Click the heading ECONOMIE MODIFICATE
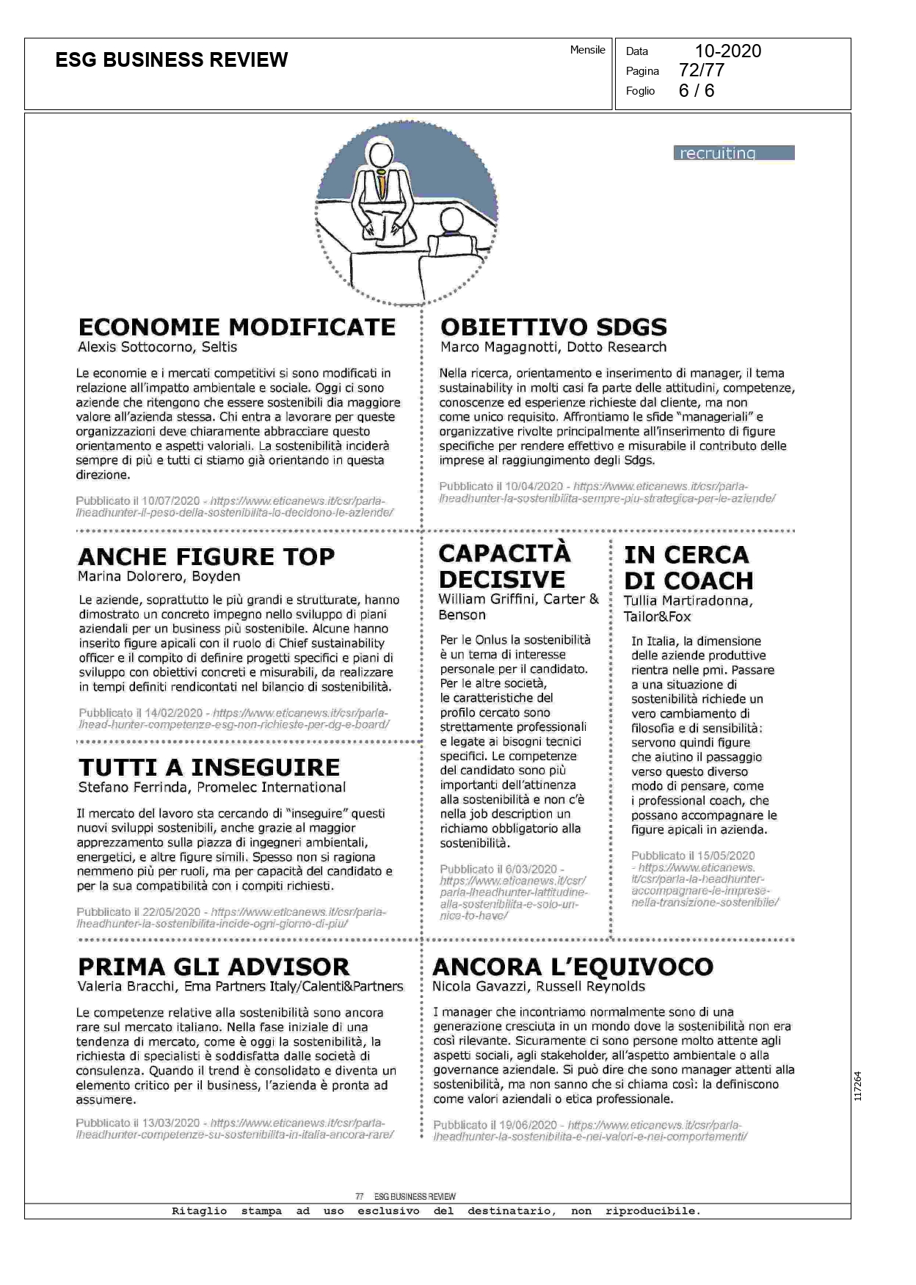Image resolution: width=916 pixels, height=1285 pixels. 236,327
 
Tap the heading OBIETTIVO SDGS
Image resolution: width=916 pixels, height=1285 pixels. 553,327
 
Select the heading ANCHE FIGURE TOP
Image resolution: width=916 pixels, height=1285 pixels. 206,557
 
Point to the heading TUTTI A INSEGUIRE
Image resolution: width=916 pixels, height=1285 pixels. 209,768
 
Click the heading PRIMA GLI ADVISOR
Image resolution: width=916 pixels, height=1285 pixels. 214,967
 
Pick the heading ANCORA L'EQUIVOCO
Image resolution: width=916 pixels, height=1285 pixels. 572,967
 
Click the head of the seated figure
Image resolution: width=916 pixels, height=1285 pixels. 449,220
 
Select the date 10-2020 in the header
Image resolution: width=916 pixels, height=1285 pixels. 727,51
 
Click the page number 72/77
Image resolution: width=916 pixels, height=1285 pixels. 702,70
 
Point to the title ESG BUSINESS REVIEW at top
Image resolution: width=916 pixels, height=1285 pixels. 172,60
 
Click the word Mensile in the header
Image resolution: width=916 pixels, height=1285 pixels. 587,50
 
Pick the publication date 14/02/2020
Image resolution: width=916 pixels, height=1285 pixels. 173,713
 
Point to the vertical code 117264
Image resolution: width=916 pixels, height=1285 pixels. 858,1087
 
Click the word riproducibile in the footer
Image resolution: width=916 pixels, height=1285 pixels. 652,1211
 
